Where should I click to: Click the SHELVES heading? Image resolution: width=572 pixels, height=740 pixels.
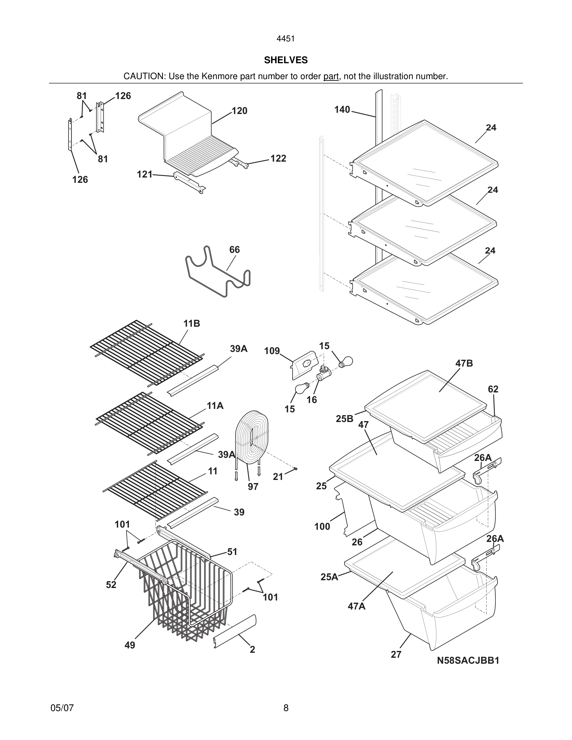tap(286, 60)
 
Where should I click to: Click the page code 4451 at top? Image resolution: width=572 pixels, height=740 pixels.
tap(286, 39)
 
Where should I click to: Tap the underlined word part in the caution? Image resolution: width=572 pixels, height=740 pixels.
tap(331, 76)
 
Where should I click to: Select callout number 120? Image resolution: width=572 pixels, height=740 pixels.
tap(239, 111)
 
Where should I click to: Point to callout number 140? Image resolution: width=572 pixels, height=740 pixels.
tap(342, 109)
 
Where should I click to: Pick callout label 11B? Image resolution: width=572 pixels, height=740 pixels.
tap(192, 324)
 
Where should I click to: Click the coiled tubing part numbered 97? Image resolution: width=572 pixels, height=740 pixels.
tap(251, 437)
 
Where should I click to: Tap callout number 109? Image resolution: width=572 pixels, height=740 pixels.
tap(272, 351)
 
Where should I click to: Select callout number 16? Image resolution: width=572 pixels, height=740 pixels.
tap(312, 400)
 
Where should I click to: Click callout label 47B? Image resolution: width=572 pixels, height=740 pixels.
tap(464, 363)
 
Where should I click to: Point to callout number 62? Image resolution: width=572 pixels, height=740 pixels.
tap(493, 389)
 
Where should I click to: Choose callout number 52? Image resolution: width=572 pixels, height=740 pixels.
tap(111, 585)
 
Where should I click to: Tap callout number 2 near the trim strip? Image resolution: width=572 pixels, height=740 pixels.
tap(252, 650)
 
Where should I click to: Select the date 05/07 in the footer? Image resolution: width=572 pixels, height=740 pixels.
tap(62, 708)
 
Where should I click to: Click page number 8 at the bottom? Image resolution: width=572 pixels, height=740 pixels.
tap(286, 708)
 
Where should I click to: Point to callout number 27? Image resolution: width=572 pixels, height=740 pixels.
tap(396, 655)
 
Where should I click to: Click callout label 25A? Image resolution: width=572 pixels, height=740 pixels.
tap(329, 577)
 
